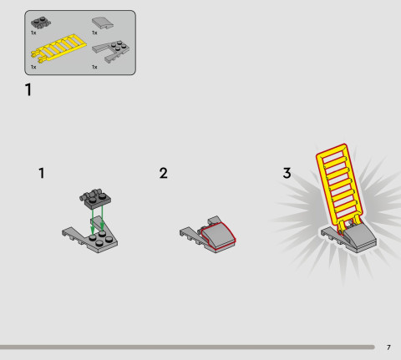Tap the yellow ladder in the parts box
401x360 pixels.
(x=53, y=49)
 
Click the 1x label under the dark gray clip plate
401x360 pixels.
(x=33, y=33)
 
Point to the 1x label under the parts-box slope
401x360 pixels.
(x=94, y=33)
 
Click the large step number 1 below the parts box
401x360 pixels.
(x=29, y=89)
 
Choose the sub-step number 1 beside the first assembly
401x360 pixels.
(x=41, y=174)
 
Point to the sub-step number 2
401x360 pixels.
(x=163, y=174)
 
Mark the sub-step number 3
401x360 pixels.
(x=287, y=174)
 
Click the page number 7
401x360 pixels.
(x=388, y=347)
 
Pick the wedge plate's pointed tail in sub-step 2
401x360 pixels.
(x=187, y=233)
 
